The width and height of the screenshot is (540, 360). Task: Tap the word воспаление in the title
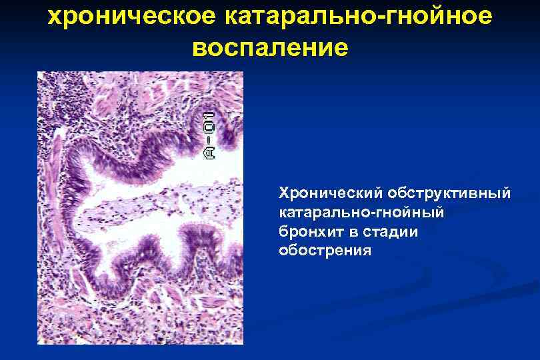[269, 48]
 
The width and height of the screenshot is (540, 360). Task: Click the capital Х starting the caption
[283, 193]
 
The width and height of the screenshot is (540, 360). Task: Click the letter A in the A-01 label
[209, 153]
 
